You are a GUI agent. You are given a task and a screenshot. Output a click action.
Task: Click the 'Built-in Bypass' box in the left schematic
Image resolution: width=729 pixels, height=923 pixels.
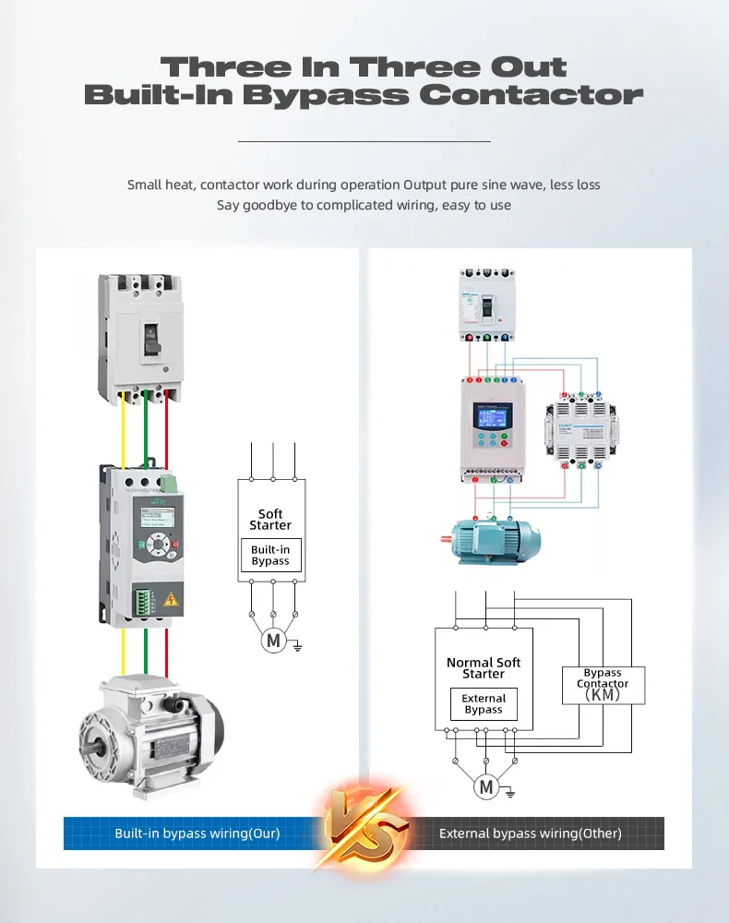click(270, 555)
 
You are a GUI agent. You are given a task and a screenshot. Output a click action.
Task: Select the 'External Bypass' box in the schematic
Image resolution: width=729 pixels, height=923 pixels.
click(484, 704)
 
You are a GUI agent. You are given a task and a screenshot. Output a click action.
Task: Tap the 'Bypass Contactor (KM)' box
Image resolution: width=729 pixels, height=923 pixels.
click(603, 685)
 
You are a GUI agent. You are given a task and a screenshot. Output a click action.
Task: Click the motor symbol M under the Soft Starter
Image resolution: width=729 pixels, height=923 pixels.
click(272, 640)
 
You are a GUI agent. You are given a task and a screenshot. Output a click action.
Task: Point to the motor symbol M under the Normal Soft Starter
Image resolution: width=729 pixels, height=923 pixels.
click(485, 786)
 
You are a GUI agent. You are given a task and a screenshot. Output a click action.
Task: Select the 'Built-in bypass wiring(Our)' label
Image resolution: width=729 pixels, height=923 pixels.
click(197, 833)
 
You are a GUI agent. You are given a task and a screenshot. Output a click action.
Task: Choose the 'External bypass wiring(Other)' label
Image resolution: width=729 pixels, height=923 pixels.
click(530, 833)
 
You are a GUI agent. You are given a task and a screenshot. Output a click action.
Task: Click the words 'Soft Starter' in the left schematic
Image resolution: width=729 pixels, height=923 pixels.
click(270, 520)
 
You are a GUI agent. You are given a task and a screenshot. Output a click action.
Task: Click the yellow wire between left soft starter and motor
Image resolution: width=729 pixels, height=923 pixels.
click(124, 651)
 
